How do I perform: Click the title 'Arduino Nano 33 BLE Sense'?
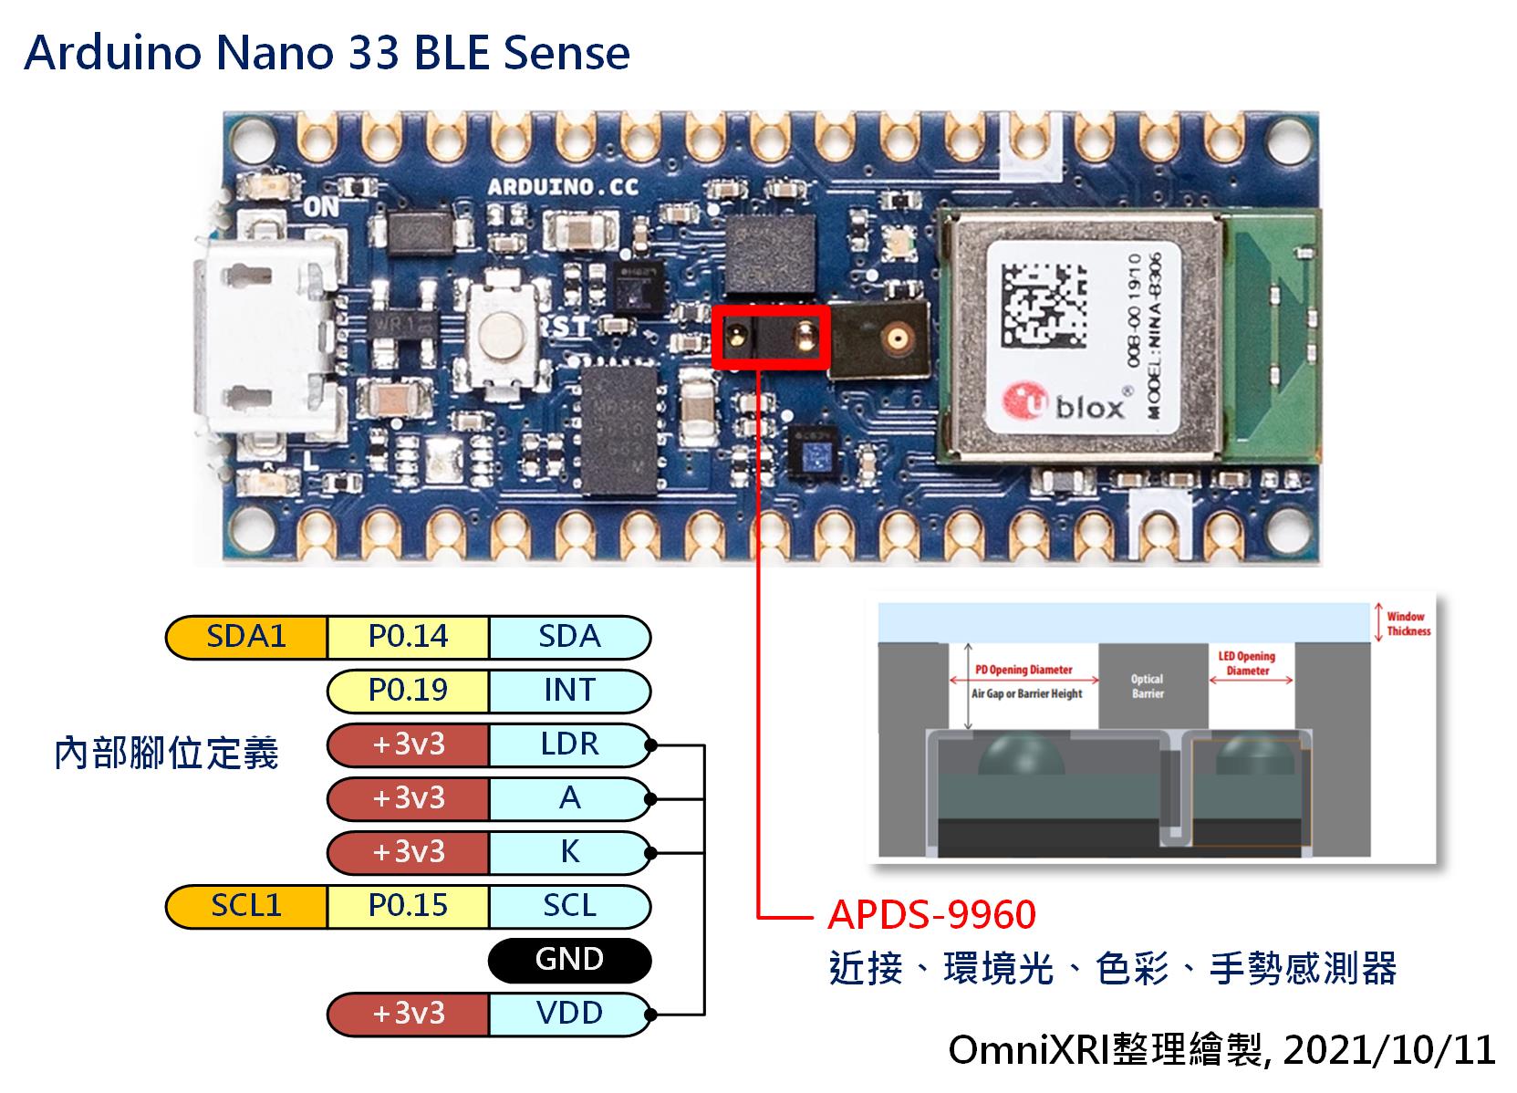[327, 53]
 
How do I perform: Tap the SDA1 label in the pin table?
[246, 636]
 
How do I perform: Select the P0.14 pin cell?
[408, 636]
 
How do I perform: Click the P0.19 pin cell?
[408, 690]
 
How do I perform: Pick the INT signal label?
[569, 690]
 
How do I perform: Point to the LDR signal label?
[569, 744]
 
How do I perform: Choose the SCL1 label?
[246, 905]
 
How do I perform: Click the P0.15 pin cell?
[408, 905]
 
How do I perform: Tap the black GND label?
[569, 959]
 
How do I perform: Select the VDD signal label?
[569, 1013]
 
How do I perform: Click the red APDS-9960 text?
[931, 914]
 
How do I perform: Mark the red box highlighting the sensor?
[771, 338]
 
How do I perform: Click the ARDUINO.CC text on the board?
[563, 188]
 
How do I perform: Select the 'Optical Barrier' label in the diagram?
[1147, 686]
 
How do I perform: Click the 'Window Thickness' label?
[1408, 624]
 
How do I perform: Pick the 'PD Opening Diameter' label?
[1023, 670]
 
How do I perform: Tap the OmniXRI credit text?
[1221, 1049]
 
